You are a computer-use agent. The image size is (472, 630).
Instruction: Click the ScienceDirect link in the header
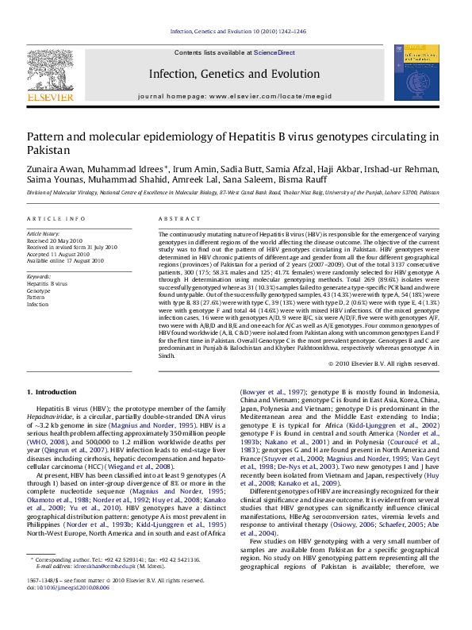274,52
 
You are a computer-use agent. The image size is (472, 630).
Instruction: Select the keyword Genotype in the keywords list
40,290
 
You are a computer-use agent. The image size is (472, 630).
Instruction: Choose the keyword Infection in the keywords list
39,304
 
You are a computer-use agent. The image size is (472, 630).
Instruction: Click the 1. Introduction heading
52,392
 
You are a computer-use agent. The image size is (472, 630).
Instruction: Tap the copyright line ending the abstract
383,364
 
